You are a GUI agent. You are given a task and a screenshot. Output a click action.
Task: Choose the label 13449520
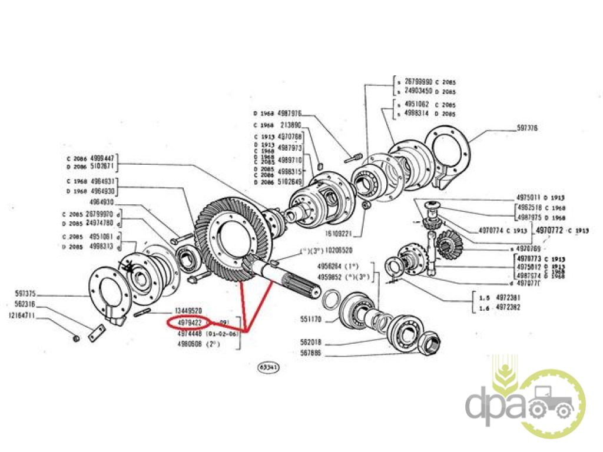189,310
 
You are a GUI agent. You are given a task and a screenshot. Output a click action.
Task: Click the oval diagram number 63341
269,367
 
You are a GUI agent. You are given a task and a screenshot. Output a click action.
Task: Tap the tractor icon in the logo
551,404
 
